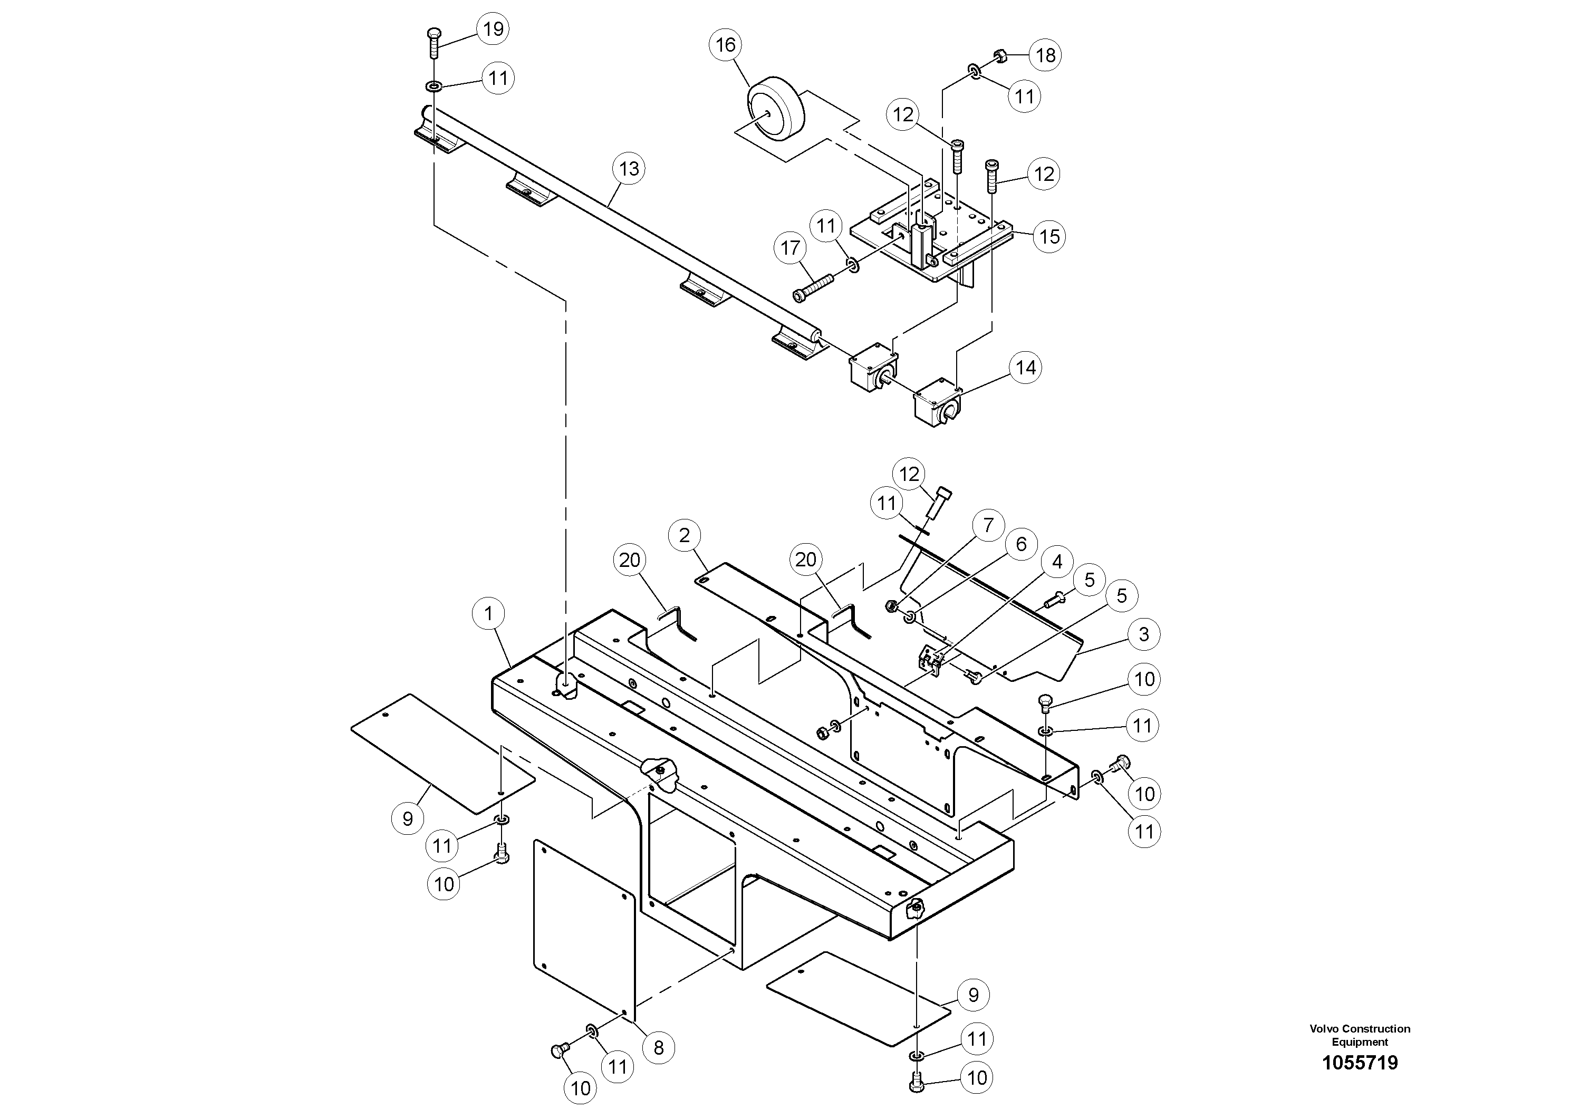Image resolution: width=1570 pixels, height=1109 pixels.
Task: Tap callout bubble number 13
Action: (629, 168)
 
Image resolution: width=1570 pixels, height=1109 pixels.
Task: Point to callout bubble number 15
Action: (1049, 237)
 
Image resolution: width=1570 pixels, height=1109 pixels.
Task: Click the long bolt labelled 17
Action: (812, 287)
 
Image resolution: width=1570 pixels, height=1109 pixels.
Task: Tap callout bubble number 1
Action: (488, 613)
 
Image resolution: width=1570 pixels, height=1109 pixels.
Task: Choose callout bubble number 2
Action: (685, 535)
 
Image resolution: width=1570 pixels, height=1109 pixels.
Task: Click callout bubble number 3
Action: (1143, 634)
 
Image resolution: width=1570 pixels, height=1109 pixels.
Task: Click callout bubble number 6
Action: (1021, 544)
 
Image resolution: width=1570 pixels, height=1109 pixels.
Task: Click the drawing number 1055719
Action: (1360, 1063)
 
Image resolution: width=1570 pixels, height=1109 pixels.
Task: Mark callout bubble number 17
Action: (790, 247)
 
